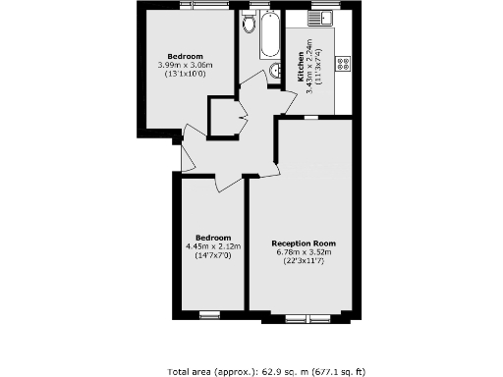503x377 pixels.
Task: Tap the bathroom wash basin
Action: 276,70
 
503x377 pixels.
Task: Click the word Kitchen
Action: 292,64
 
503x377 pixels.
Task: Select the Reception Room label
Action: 304,242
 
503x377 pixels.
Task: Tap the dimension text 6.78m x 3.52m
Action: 304,251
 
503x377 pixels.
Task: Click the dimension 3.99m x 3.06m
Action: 185,65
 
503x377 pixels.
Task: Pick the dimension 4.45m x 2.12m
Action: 212,245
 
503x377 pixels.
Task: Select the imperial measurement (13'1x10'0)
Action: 185,74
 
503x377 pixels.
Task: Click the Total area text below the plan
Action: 266,371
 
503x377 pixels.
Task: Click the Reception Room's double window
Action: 304,318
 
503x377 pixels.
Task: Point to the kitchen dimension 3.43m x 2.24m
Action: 303,64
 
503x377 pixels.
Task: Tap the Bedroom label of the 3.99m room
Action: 185,56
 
